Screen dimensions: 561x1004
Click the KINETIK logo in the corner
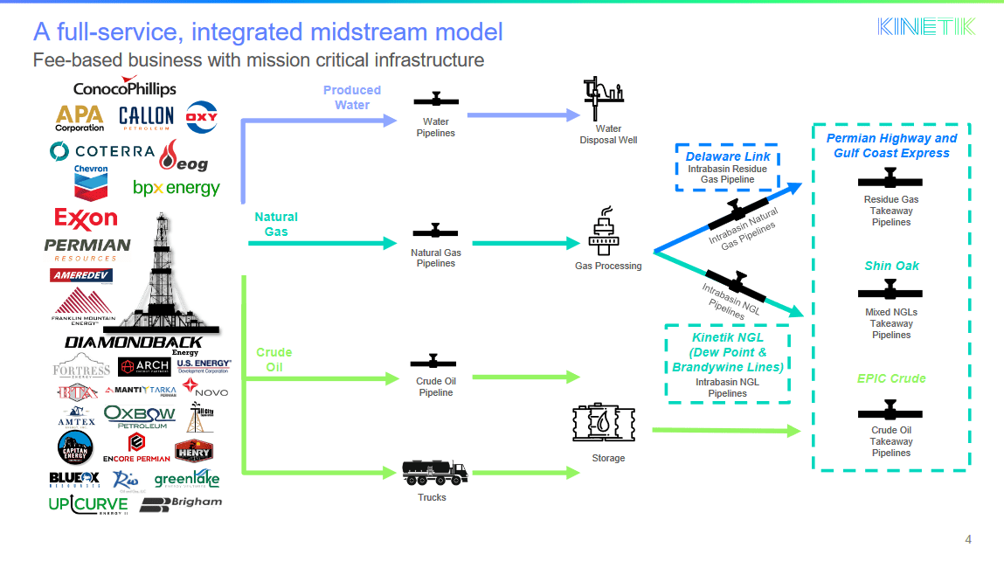click(x=926, y=26)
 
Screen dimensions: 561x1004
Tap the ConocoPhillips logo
click(x=125, y=87)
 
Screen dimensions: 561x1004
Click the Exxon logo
click(x=86, y=217)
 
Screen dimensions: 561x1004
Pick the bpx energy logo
click(x=176, y=188)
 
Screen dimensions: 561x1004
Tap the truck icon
click(x=434, y=473)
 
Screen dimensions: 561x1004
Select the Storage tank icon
click(x=602, y=426)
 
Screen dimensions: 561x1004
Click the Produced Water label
click(x=352, y=97)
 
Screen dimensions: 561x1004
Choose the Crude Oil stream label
click(x=274, y=360)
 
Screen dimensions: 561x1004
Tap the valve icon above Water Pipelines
click(x=435, y=100)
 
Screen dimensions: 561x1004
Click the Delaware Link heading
click(x=727, y=156)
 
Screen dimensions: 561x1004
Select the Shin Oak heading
click(x=891, y=266)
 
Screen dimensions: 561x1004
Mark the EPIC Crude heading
click(x=890, y=378)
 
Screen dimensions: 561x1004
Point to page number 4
click(x=968, y=538)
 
